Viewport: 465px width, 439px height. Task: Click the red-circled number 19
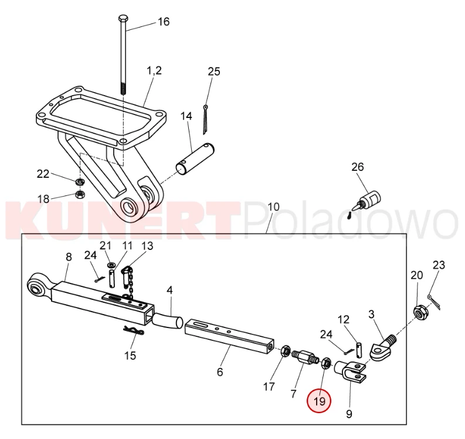320,401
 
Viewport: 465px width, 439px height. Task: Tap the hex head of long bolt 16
123,19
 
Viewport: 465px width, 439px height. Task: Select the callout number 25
214,72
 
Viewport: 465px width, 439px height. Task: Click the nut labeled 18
80,195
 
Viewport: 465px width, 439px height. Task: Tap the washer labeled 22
80,181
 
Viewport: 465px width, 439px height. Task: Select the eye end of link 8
38,285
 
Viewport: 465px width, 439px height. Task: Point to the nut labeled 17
286,352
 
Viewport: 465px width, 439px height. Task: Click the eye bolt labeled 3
383,347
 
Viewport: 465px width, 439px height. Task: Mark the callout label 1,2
154,70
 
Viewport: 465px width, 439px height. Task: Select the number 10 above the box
273,207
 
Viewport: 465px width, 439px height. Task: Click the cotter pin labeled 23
433,302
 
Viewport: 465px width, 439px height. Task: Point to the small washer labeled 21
112,264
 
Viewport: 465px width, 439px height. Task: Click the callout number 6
220,372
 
